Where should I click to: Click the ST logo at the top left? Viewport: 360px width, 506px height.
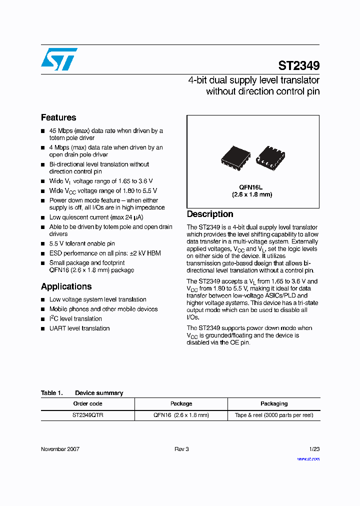coord(59,59)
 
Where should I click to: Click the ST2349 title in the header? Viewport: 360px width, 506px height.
coord(298,65)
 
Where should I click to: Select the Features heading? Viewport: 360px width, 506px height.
coord(58,117)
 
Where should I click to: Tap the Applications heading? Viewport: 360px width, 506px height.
coord(66,286)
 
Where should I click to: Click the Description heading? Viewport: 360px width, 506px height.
coord(210,214)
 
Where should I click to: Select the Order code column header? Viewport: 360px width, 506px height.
coord(87,403)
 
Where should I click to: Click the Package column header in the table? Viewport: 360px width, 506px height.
coord(181,403)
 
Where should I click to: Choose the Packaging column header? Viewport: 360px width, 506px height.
coord(274,403)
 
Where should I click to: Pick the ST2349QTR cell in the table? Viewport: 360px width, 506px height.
coord(87,415)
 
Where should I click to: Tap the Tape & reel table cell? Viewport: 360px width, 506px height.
coord(274,415)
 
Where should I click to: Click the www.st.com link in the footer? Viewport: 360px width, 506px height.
coord(308,458)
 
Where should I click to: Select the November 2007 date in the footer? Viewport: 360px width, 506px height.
coord(60,449)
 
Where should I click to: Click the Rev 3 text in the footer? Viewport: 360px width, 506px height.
coord(181,449)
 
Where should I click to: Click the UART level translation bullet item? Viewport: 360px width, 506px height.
coord(79,328)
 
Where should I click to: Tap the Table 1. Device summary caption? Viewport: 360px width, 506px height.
coord(82,393)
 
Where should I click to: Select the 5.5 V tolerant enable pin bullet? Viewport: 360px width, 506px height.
coord(82,243)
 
